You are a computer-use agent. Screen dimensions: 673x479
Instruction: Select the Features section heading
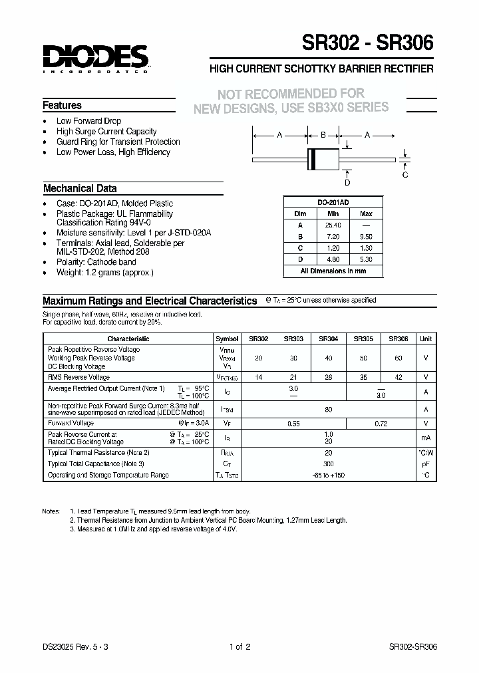coord(62,105)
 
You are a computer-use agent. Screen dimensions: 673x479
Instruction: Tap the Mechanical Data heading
coord(80,188)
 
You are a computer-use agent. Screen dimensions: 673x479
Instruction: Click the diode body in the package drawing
coord(323,160)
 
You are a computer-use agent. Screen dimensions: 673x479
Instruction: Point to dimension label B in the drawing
coord(323,135)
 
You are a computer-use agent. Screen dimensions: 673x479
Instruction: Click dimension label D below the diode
coord(347,182)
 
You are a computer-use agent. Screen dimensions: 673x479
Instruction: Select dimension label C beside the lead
coord(405,175)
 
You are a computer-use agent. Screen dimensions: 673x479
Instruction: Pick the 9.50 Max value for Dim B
coord(366,236)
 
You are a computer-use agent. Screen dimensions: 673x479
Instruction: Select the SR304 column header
coord(328,338)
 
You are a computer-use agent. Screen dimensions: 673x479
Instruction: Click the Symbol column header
coord(227,338)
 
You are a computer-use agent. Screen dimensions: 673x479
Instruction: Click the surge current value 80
coord(328,410)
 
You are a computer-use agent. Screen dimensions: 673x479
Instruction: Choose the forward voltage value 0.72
coord(381,422)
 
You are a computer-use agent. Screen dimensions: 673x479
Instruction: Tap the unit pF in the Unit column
coord(425,464)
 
